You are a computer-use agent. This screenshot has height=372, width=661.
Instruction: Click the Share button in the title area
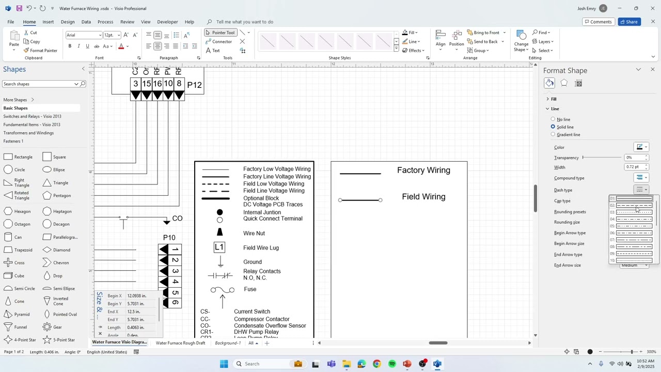(629, 22)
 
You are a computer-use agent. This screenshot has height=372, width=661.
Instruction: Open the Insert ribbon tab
(48, 22)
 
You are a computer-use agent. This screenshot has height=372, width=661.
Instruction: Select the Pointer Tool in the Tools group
(220, 33)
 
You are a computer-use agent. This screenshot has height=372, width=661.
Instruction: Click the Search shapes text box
(38, 84)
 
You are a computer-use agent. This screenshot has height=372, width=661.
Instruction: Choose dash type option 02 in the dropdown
(634, 205)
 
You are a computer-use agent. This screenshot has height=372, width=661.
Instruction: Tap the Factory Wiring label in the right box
(423, 171)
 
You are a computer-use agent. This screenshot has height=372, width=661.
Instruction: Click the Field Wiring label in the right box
(423, 197)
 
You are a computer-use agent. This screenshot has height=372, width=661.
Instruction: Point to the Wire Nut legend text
(254, 234)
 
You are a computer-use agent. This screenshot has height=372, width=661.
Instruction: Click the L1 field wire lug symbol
(219, 247)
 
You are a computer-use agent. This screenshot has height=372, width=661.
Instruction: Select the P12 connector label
(194, 85)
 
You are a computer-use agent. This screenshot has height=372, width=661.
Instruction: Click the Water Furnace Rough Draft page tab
(180, 343)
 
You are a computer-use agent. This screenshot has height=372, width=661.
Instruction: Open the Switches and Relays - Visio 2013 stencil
(32, 116)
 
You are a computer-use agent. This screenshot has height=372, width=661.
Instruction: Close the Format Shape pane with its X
(653, 70)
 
